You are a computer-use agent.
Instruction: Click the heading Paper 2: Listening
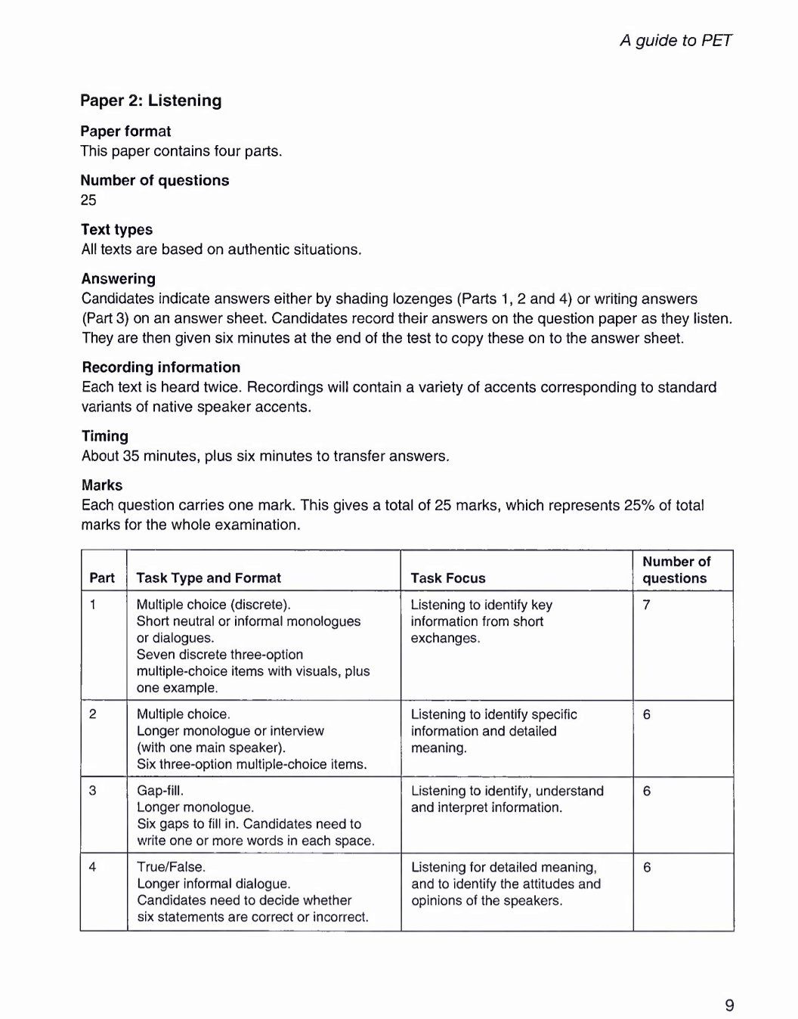[151, 101]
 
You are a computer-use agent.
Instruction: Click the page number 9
[729, 1005]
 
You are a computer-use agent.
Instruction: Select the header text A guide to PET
[676, 40]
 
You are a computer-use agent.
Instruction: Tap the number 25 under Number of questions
[89, 200]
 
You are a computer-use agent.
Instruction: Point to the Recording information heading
[161, 367]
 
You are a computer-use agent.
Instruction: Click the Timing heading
[105, 436]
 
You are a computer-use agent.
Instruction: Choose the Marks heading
[102, 485]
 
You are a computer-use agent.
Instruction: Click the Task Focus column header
[448, 578]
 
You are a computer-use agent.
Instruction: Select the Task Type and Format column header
[209, 578]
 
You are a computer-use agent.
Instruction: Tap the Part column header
[102, 578]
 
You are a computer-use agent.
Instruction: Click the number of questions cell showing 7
[647, 605]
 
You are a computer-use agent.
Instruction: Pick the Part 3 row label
[92, 791]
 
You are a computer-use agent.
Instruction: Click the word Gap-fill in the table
[160, 791]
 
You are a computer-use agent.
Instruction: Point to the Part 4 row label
[92, 867]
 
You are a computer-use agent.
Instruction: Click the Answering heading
[119, 279]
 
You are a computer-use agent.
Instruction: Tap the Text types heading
[117, 230]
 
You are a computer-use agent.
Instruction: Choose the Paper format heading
[126, 132]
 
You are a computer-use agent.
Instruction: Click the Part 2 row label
[92, 714]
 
